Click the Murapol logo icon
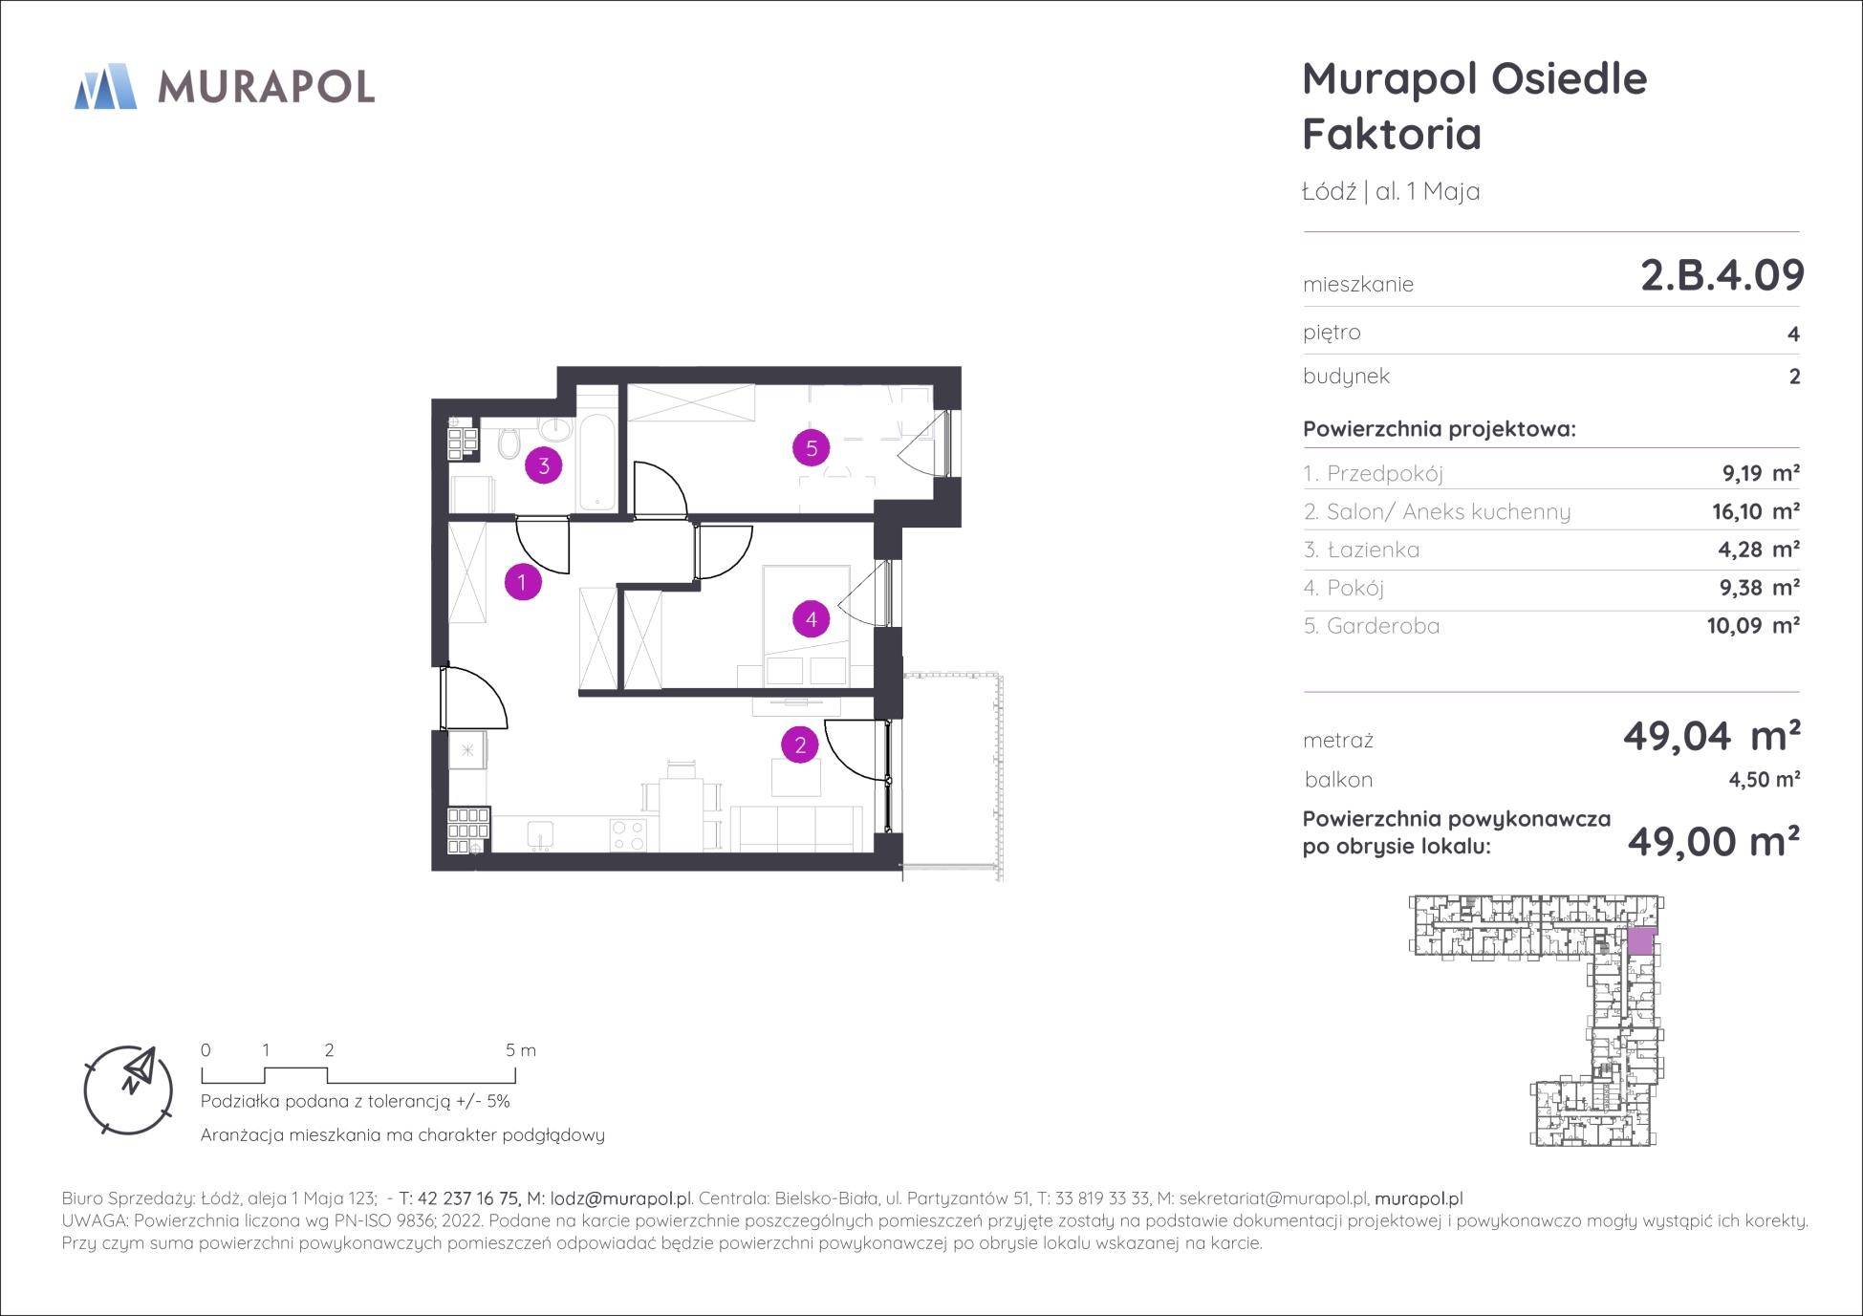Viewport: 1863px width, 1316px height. [x=105, y=86]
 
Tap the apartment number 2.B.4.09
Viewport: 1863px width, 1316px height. [x=1722, y=275]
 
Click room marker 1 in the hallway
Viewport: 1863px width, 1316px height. [x=522, y=581]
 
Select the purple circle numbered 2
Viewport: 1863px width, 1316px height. [x=800, y=744]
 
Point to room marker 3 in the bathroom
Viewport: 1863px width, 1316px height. [x=544, y=465]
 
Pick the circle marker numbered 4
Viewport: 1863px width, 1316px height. [x=811, y=619]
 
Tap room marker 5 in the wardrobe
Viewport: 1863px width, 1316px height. [x=812, y=447]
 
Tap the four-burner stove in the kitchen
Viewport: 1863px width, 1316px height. [x=628, y=834]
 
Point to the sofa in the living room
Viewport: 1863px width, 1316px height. [x=796, y=828]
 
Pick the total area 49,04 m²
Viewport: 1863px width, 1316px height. [x=1711, y=736]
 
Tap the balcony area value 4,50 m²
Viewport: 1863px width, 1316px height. [x=1765, y=779]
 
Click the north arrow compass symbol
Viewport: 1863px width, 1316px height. [x=129, y=1089]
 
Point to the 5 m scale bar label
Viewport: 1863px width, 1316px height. [x=521, y=1050]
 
